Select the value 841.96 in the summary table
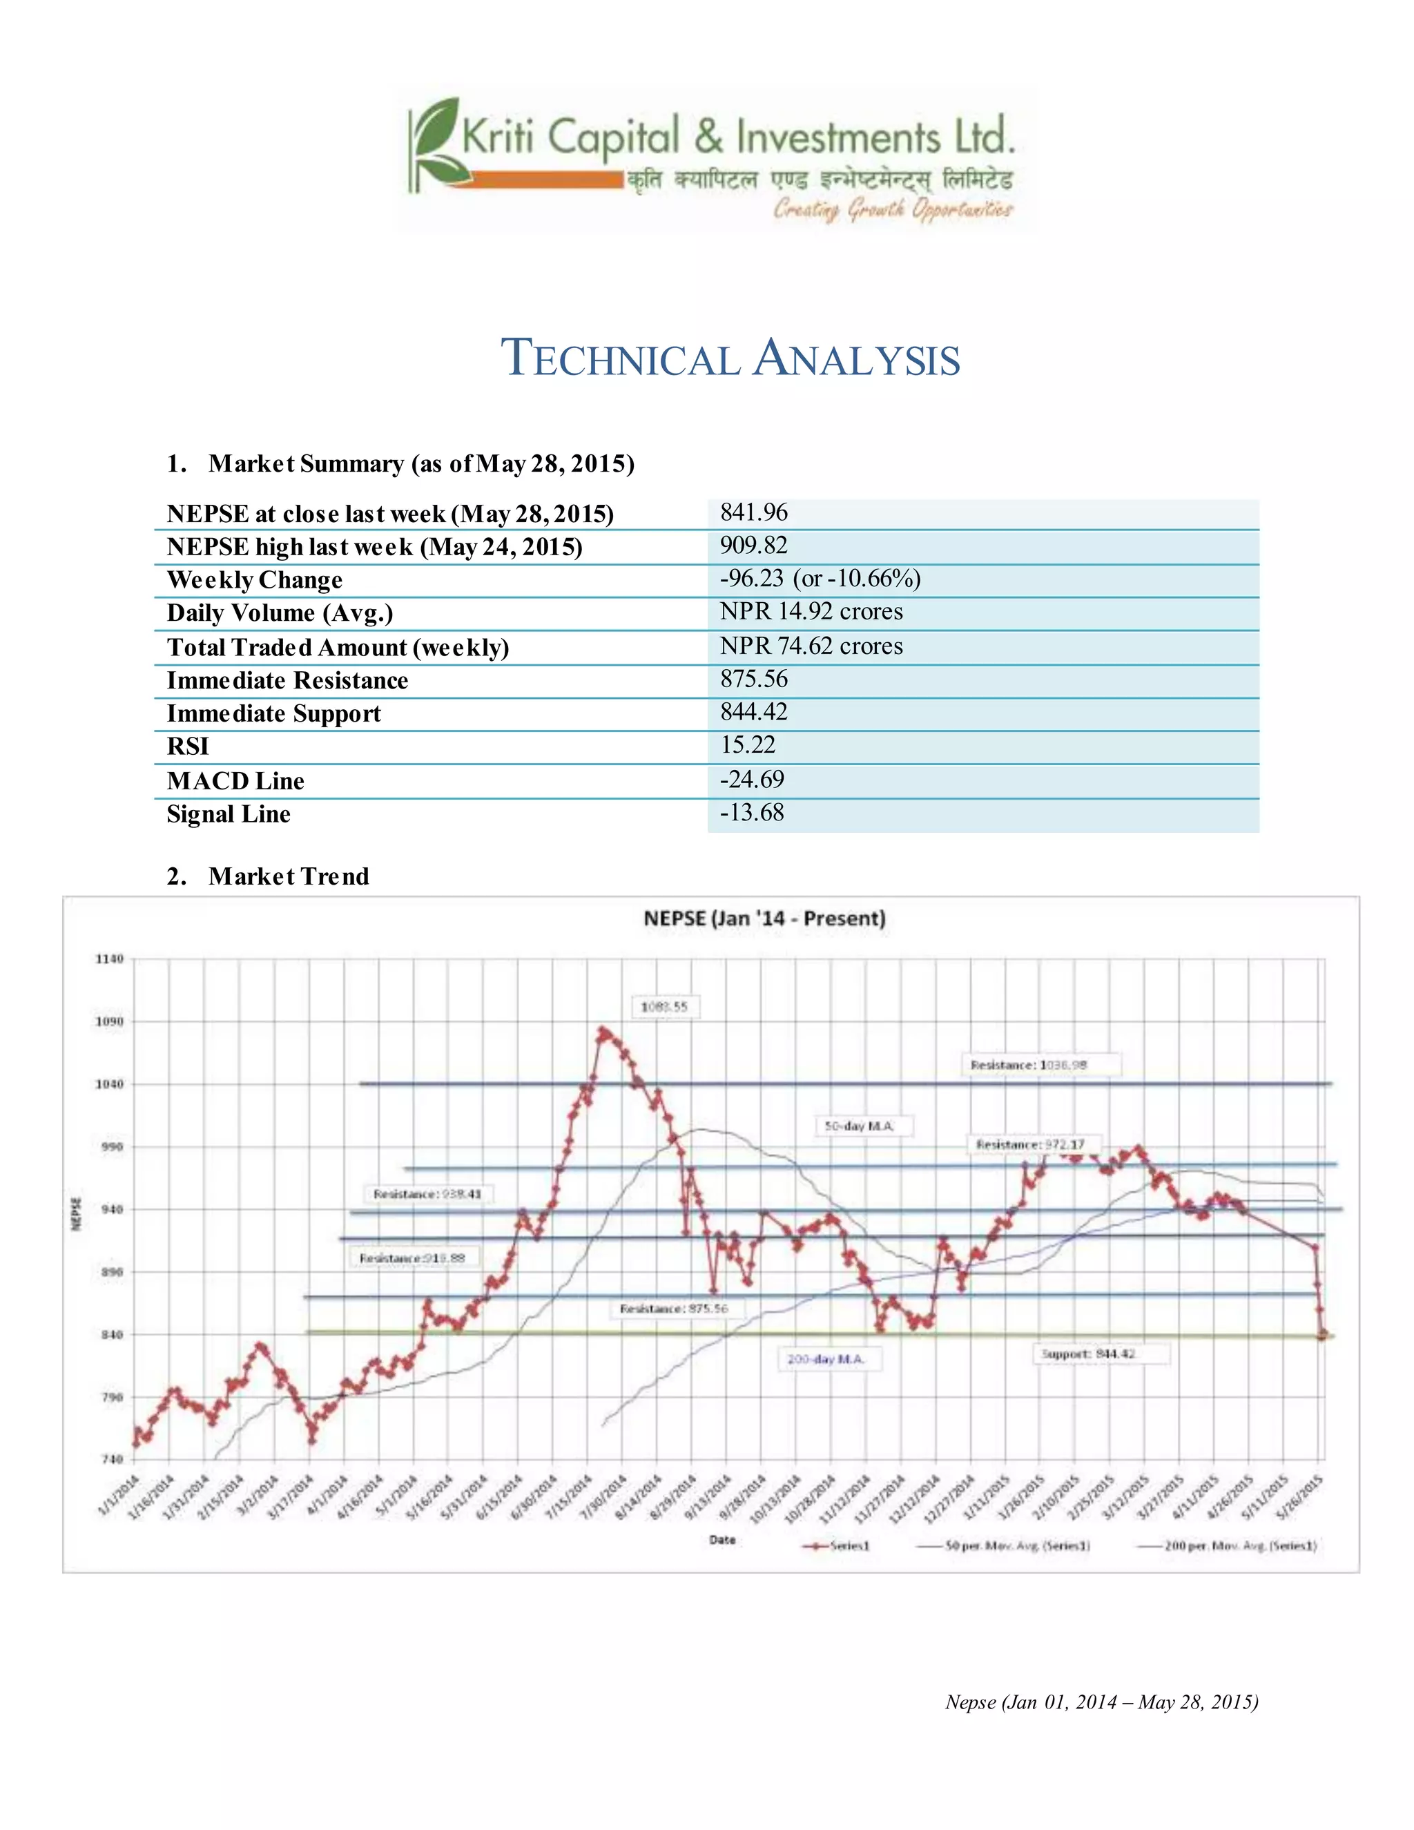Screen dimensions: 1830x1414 (754, 513)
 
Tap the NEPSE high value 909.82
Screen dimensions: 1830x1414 (754, 546)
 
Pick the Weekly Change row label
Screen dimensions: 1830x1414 (255, 580)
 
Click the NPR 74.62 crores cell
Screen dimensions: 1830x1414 (811, 646)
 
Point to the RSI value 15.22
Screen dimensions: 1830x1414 (748, 745)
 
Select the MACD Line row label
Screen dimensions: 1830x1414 (235, 781)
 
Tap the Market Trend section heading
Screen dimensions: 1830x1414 (288, 876)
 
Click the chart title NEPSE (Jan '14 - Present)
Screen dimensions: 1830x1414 (764, 918)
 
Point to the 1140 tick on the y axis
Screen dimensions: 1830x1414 (110, 959)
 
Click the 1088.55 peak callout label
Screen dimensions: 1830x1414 (664, 1007)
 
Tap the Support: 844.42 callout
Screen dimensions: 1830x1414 (1088, 1354)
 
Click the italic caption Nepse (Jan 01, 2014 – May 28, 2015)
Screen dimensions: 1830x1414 (1101, 1702)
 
